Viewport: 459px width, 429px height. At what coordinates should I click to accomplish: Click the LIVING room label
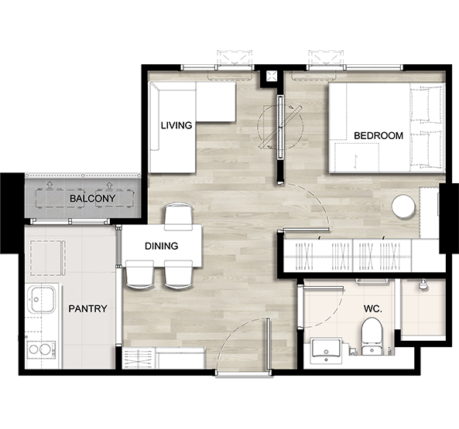click(176, 125)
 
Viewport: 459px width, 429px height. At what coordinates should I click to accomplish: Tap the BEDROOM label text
click(379, 135)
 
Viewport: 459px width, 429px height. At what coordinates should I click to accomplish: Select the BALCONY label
click(92, 199)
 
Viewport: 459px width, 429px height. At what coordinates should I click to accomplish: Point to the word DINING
click(161, 246)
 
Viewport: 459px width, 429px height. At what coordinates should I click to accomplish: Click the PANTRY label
click(87, 308)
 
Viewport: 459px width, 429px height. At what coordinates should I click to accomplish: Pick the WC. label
click(372, 308)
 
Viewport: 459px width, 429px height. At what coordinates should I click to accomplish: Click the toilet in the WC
click(372, 336)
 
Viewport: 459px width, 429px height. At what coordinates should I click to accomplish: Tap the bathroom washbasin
click(327, 350)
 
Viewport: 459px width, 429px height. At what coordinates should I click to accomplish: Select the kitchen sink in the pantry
click(41, 299)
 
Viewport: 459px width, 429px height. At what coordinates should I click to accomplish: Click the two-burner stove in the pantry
click(41, 349)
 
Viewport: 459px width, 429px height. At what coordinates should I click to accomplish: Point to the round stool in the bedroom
click(403, 206)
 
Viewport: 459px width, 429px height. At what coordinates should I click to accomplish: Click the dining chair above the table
click(179, 216)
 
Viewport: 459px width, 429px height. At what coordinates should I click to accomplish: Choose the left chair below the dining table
click(139, 274)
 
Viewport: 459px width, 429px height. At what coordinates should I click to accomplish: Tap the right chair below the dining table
click(179, 274)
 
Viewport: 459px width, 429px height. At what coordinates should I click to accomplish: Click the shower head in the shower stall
click(422, 284)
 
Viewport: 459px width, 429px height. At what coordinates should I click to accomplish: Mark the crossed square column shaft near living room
click(271, 77)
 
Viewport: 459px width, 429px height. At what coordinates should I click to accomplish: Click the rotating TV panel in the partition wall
click(281, 128)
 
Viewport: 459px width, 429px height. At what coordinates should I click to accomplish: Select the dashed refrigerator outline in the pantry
click(48, 257)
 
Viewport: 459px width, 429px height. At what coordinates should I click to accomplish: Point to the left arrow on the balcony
click(50, 185)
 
